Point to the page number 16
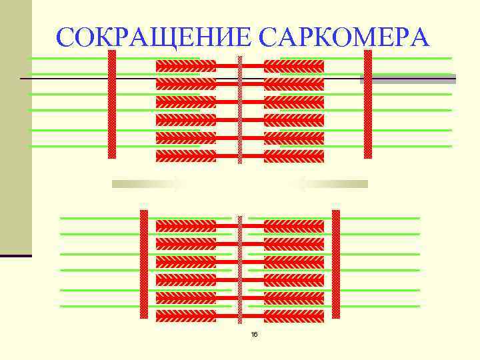tap(254, 334)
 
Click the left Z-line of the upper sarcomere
tap(112, 104)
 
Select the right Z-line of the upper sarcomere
tap(367, 104)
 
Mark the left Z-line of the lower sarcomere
tap(143, 263)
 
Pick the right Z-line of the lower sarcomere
tap(336, 263)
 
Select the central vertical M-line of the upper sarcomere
tap(240, 110)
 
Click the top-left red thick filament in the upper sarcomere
tap(186, 66)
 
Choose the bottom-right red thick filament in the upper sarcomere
tap(294, 156)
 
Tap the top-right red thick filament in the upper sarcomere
tap(294, 66)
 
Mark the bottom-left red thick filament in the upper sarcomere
tap(186, 156)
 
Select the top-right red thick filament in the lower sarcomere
tap(294, 226)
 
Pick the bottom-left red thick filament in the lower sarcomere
tap(186, 315)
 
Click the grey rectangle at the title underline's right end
tap(408, 79)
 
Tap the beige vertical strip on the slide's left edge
tap(15, 127)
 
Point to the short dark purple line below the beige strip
tap(15, 256)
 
